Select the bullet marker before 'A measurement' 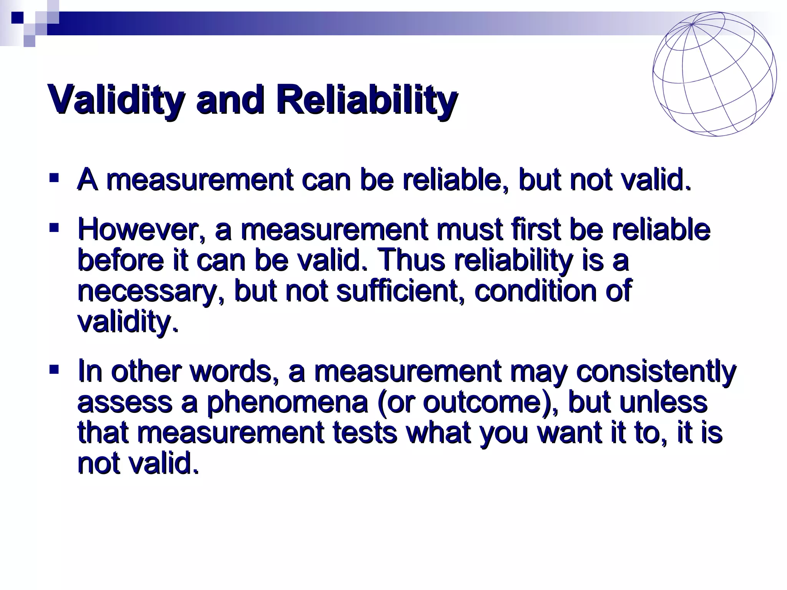point(54,178)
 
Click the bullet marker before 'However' point(54,229)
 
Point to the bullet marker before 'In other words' point(54,370)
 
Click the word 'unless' point(664,402)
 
